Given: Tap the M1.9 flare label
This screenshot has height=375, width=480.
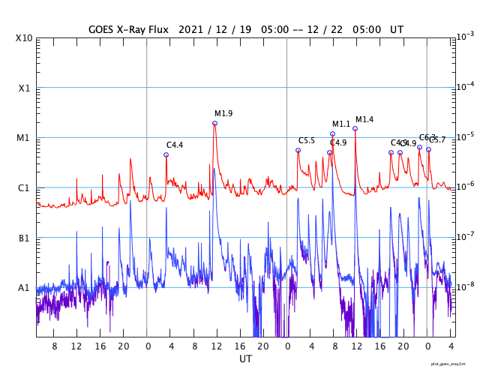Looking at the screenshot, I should coord(223,113).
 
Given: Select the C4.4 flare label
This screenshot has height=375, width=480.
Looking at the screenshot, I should coord(175,145).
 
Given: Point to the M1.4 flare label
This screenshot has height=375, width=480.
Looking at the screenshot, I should coord(364,119).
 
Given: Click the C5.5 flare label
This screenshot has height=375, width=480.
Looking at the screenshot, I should coord(307,140).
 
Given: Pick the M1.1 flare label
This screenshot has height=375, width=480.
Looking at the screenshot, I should coord(341,124).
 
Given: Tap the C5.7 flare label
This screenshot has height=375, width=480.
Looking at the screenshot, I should coord(437,139).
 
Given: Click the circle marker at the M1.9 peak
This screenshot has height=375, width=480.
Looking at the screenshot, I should coord(214,123).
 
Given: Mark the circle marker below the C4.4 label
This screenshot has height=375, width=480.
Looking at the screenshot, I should coord(166,154).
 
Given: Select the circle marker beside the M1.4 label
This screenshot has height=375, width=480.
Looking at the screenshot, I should coord(355,128).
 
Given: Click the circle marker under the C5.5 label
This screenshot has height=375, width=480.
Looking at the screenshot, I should coord(298,150).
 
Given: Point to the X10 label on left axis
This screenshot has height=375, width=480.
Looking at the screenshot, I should coord(25,37).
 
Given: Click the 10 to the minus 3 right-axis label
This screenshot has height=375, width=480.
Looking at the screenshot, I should coord(465,36).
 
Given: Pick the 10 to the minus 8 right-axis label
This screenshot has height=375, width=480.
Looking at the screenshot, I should coord(465,286).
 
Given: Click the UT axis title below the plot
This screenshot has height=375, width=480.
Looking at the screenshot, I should coord(246,359).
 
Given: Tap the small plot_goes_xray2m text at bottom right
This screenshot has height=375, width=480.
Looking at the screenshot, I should coord(454,364).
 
